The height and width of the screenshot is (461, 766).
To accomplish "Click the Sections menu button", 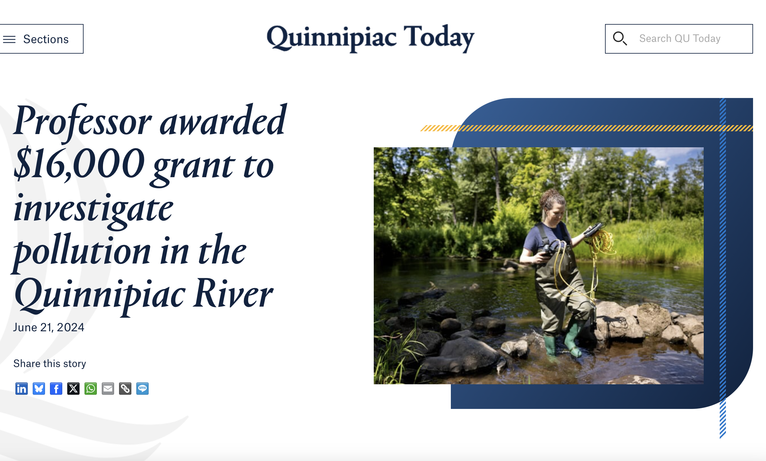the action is pyautogui.click(x=41, y=39).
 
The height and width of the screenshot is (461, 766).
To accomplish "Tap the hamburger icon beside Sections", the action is pyautogui.click(x=9, y=39).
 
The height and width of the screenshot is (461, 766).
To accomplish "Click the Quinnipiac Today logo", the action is pyautogui.click(x=370, y=38).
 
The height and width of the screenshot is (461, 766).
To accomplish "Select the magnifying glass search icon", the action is pyautogui.click(x=620, y=39).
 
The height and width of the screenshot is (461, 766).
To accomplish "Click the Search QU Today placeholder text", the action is pyautogui.click(x=680, y=39).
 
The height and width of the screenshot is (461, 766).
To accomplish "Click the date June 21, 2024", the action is pyautogui.click(x=48, y=328).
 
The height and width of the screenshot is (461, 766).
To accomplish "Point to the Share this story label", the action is pyautogui.click(x=49, y=363).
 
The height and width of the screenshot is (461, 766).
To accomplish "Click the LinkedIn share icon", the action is pyautogui.click(x=22, y=389).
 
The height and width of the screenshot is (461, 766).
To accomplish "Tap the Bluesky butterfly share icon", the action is pyautogui.click(x=39, y=389).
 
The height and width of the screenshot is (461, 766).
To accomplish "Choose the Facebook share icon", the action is pyautogui.click(x=56, y=389).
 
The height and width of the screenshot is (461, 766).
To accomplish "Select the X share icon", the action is pyautogui.click(x=73, y=389).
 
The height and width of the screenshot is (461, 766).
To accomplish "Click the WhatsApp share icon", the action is pyautogui.click(x=90, y=389).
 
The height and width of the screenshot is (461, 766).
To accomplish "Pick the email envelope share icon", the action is pyautogui.click(x=108, y=389).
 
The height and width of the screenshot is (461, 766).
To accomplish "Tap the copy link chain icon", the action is pyautogui.click(x=125, y=389).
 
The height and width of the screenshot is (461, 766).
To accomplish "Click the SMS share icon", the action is pyautogui.click(x=142, y=389).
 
